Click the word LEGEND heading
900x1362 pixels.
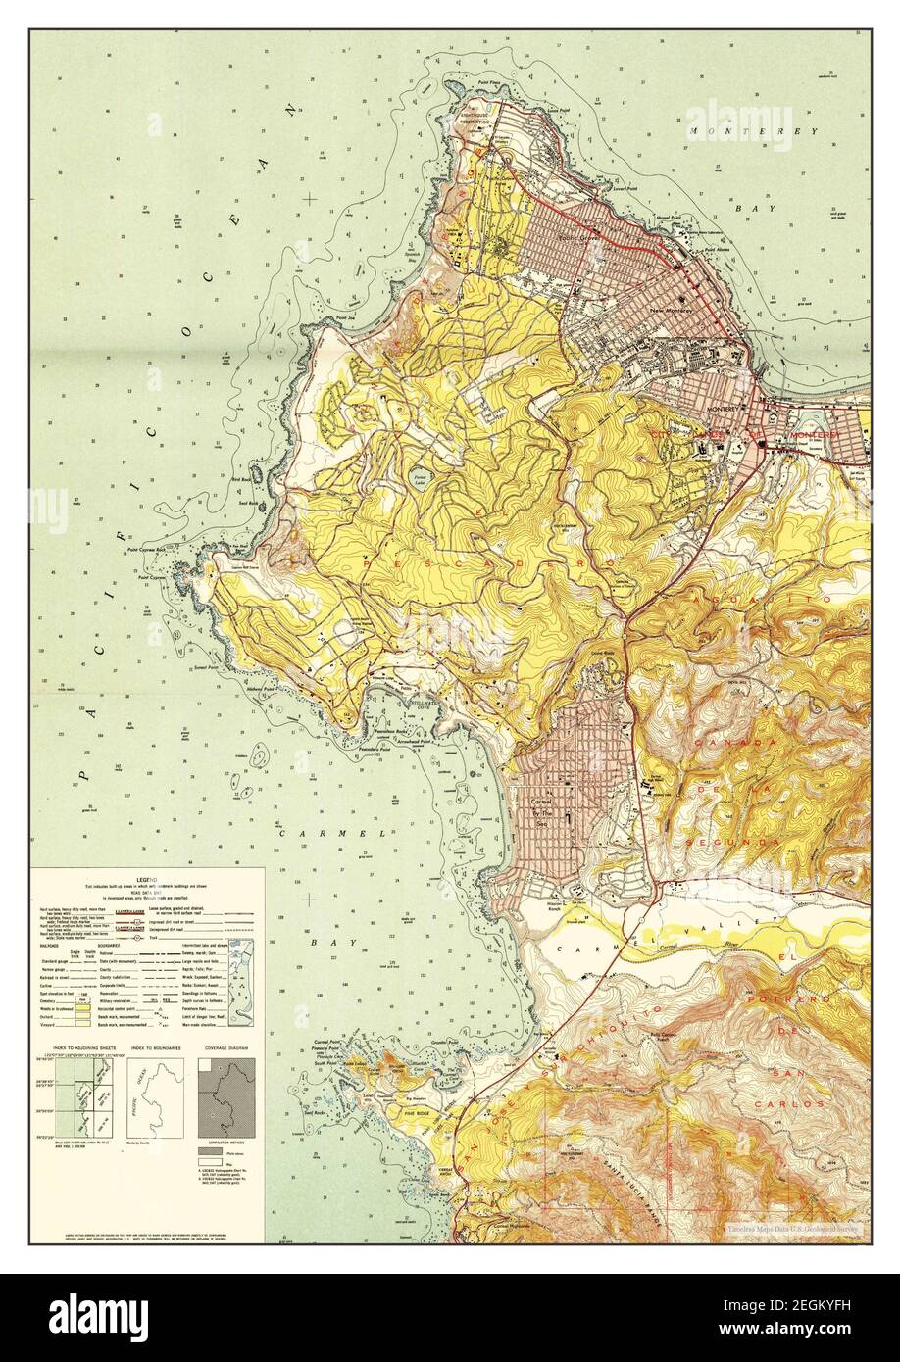click(x=145, y=877)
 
